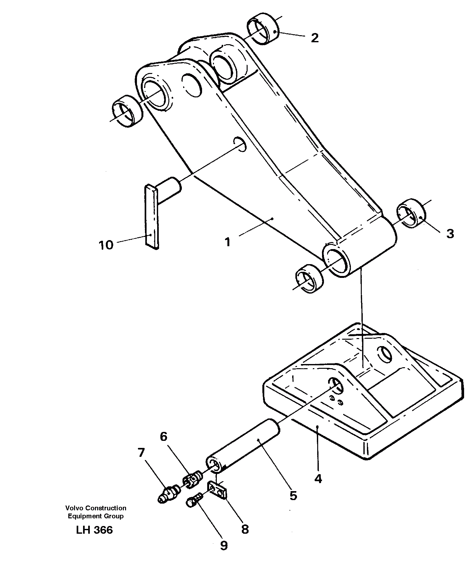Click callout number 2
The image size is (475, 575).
315,38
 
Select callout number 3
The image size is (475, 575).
450,234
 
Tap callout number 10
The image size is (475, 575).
106,245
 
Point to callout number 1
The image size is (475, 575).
227,242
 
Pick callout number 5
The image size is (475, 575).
293,496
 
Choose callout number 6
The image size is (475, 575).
164,436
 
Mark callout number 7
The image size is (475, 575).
141,453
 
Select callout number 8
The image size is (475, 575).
245,530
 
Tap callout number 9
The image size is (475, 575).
224,546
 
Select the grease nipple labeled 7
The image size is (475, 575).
169,493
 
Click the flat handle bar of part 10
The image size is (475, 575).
151,216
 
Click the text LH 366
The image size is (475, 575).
94,530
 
